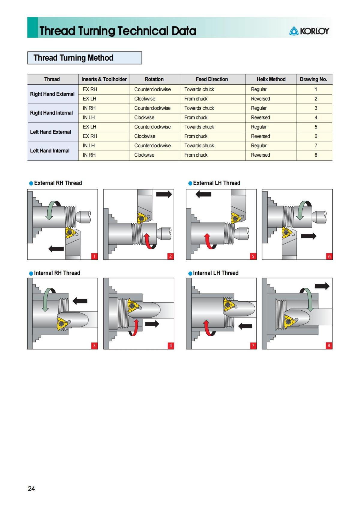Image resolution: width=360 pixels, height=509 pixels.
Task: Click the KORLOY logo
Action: tap(309, 31)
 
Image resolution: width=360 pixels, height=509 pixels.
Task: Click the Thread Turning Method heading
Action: tap(73, 58)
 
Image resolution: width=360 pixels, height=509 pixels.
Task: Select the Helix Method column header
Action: tap(271, 79)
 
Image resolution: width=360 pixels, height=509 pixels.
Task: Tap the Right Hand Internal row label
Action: tap(52, 113)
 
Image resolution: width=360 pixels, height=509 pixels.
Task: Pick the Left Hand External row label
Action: tap(51, 132)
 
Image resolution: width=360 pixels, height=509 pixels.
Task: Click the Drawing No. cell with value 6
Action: tap(316, 136)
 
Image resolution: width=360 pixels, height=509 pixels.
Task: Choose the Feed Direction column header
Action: tap(212, 79)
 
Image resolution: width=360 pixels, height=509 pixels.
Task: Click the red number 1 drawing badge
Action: tap(94, 256)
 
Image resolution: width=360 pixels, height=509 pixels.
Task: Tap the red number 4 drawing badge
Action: tap(170, 345)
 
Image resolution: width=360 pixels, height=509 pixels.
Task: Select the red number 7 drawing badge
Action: tap(253, 345)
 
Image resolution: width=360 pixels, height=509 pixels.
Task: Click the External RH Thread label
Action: tap(58, 183)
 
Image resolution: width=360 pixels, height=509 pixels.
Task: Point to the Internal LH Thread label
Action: tap(216, 273)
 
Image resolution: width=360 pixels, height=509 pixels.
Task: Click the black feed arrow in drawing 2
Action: tap(164, 194)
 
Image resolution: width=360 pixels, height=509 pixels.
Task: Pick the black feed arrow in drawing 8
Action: tap(322, 286)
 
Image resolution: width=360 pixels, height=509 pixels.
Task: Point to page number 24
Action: tap(31, 489)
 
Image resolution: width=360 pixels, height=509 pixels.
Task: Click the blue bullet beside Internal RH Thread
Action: tap(31, 273)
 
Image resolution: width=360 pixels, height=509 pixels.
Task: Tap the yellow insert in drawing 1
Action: tap(70, 232)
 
